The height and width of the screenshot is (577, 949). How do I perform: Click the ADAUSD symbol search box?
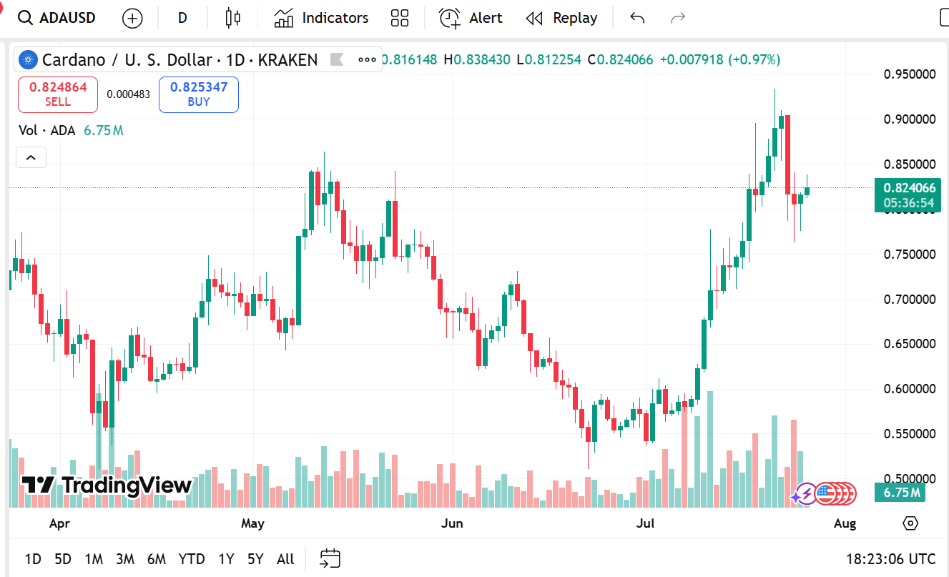pyautogui.click(x=57, y=18)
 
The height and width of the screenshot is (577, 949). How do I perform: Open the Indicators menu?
pyautogui.click(x=321, y=18)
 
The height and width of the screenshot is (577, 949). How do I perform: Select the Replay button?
pyautogui.click(x=561, y=18)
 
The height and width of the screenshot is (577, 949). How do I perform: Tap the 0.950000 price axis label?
pyautogui.click(x=909, y=74)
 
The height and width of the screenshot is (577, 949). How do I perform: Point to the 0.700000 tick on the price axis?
pyautogui.click(x=909, y=299)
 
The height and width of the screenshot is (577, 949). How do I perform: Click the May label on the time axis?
pyautogui.click(x=252, y=523)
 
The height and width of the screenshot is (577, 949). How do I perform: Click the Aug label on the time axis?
pyautogui.click(x=845, y=523)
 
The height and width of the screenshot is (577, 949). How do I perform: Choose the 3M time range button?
pyautogui.click(x=125, y=559)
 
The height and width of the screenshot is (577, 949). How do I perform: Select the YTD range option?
pyautogui.click(x=192, y=559)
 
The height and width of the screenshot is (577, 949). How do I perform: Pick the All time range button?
pyautogui.click(x=285, y=559)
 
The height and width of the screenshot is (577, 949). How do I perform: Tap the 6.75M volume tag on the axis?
pyautogui.click(x=900, y=493)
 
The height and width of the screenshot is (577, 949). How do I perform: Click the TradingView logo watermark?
pyautogui.click(x=107, y=485)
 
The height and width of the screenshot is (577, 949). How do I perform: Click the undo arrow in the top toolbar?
pyautogui.click(x=637, y=18)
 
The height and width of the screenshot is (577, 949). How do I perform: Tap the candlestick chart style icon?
pyautogui.click(x=232, y=18)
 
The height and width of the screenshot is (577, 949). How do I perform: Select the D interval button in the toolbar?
pyautogui.click(x=182, y=18)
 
